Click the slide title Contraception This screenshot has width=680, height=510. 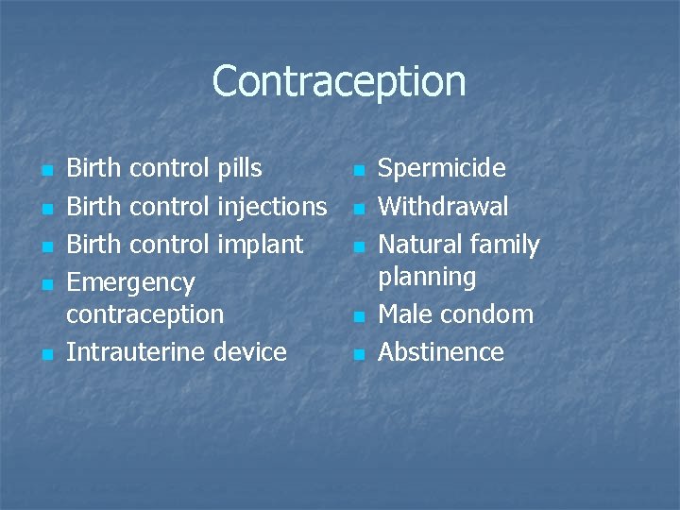tap(339, 81)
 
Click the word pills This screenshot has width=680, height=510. tap(239, 169)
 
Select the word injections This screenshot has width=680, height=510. tap(272, 207)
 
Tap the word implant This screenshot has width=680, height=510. tap(261, 245)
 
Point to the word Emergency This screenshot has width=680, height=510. tap(130, 283)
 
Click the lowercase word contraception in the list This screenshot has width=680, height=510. tap(144, 314)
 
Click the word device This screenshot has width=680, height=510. tap(249, 352)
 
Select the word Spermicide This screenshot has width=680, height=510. tap(441, 169)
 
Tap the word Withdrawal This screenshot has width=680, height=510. tap(443, 207)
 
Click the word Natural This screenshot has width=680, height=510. tap(422, 245)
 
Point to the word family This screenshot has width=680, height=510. tap(505, 245)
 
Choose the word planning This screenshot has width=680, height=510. tap(427, 278)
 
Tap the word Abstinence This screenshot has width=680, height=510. tap(441, 352)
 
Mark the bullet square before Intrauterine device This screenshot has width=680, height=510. tap(46, 355)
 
